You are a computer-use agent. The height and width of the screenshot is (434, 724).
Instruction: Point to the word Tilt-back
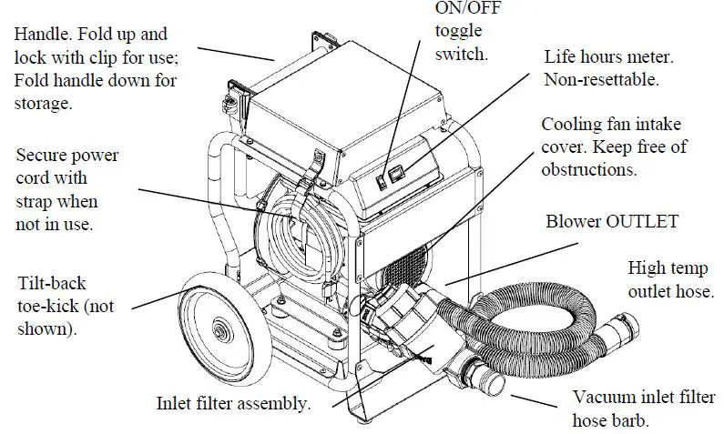pyautogui.click(x=51, y=283)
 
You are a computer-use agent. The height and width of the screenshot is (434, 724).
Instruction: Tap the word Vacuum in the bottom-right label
pyautogui.click(x=602, y=398)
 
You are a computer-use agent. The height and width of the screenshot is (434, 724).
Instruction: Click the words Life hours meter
pyautogui.click(x=608, y=56)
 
